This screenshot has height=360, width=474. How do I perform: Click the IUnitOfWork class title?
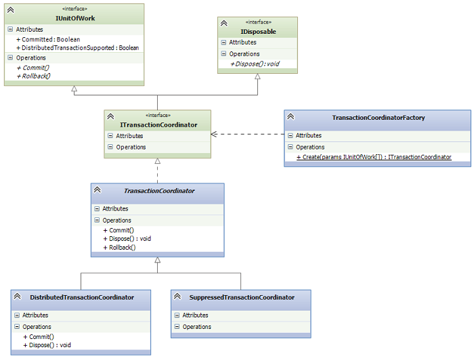[75, 18]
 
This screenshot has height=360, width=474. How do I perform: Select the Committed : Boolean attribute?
[48, 39]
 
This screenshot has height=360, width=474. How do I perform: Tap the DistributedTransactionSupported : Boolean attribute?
[78, 48]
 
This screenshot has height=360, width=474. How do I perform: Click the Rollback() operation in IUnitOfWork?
[34, 76]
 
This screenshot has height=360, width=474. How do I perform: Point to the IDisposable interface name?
[258, 32]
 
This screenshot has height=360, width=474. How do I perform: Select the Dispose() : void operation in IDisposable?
[255, 64]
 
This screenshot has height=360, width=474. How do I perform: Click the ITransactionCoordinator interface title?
[158, 125]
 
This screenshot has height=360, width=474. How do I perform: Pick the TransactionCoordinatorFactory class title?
[379, 118]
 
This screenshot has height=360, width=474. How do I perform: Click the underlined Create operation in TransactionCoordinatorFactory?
[374, 157]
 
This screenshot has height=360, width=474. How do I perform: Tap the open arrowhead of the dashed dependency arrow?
[214, 134]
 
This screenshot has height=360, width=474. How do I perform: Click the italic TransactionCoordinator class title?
[159, 191]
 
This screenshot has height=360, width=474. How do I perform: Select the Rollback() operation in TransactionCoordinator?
[119, 248]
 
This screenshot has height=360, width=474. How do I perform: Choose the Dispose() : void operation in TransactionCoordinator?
[127, 239]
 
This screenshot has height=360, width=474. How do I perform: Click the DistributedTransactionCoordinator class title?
[82, 298]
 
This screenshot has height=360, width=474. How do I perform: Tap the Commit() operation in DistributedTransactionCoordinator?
[39, 337]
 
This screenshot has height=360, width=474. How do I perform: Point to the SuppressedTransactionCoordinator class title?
[242, 298]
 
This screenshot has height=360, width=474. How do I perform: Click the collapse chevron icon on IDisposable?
[223, 23]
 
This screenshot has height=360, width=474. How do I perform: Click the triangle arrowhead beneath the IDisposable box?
[257, 76]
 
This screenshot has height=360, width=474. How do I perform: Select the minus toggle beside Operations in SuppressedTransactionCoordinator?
[177, 326]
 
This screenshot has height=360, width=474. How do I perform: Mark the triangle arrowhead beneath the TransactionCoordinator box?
[158, 260]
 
